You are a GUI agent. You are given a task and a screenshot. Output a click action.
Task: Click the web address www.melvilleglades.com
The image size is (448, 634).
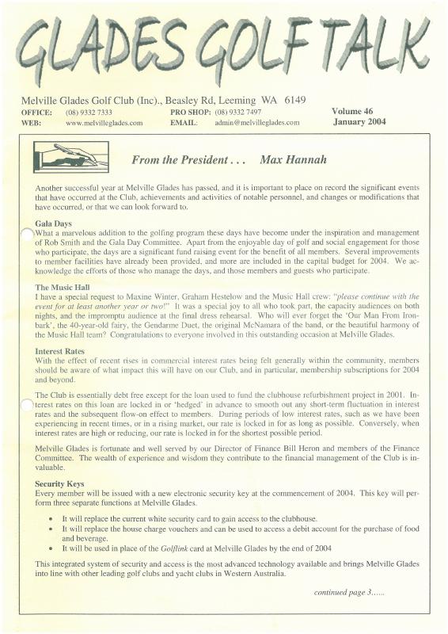[x=104, y=123]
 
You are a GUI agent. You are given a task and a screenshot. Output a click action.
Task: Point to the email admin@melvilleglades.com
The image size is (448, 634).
[x=256, y=123]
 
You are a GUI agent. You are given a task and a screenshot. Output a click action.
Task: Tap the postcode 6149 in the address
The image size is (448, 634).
[x=290, y=101]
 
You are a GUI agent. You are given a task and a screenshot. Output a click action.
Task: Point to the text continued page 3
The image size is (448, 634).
[x=351, y=591]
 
